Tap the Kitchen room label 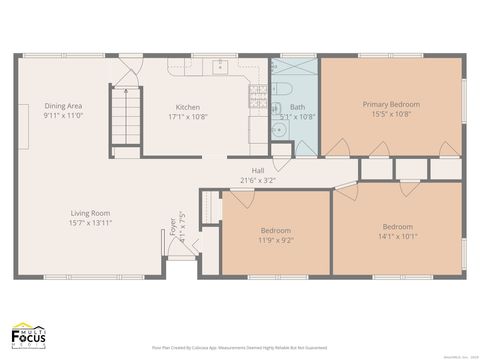click(x=188, y=107)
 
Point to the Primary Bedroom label click(x=391, y=104)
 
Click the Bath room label click(x=297, y=107)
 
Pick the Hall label click(x=258, y=171)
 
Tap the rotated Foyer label click(x=172, y=224)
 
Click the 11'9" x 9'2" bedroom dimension click(x=276, y=240)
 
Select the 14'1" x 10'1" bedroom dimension click(x=397, y=236)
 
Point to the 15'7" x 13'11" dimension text click(x=89, y=223)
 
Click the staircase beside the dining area click(x=125, y=116)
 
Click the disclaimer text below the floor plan click(x=239, y=347)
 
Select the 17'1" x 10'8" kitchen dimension click(x=188, y=116)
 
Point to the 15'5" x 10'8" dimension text click(x=391, y=113)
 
